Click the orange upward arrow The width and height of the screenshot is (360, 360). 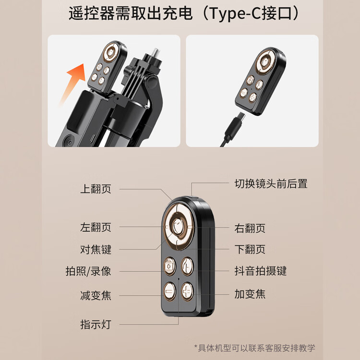coord(73,83)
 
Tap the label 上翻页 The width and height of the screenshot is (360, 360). coord(96,189)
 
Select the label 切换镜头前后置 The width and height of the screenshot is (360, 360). coord(271,184)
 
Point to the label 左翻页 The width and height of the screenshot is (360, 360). coord(96,228)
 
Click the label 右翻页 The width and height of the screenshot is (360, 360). coord(250,228)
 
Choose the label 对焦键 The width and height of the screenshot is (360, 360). coord(96,249)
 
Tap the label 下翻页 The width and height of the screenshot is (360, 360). coord(250,249)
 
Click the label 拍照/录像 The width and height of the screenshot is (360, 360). coord(88,271)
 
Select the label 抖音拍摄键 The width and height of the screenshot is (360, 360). coord(261,271)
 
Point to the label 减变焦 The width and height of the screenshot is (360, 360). coord(96,296)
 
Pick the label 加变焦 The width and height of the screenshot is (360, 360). coord(250,294)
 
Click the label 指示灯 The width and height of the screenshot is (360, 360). coord(96,324)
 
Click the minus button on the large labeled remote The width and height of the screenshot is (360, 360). coord(169,291)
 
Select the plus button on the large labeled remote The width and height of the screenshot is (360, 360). coord(187,291)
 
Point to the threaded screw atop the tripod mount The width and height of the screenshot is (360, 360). coord(156,54)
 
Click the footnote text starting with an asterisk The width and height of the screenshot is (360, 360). coord(254,348)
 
